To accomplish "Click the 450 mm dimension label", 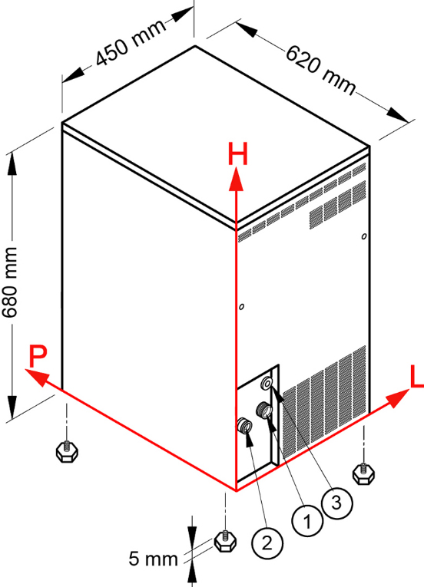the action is [131, 42].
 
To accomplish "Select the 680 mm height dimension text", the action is [10, 282].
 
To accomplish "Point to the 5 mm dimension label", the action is [153, 559].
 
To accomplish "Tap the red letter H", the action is [237, 154].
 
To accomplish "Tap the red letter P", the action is [38, 357].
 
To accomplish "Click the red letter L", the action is [417, 377].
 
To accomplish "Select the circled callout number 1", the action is [307, 521].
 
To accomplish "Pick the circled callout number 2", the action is [267, 543].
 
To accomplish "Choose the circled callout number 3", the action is [336, 503].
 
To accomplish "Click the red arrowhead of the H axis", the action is [236, 180].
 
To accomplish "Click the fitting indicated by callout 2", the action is [245, 426].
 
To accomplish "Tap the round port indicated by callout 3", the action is [267, 383].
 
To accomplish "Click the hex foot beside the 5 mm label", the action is [225, 541].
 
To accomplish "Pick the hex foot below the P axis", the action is [67, 451].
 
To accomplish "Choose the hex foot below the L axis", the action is [363, 474].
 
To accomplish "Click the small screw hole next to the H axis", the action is [241, 307].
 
